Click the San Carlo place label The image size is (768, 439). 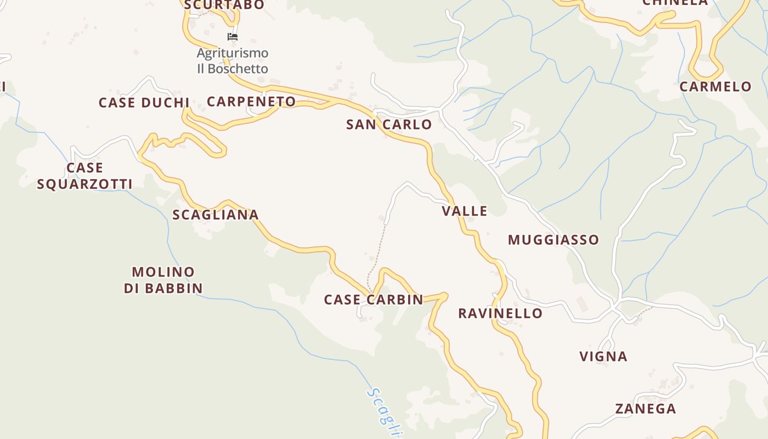(389, 125)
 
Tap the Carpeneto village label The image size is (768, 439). (251, 102)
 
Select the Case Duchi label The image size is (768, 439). (144, 103)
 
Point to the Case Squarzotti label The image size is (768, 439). (84, 176)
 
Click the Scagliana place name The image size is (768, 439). (215, 215)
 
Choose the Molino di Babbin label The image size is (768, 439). (163, 280)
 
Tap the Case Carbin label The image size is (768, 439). (374, 300)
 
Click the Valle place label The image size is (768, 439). (465, 211)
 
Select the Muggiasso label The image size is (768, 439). (553, 240)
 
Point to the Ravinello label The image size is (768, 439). (500, 313)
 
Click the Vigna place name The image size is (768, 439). (603, 357)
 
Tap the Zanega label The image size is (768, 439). (645, 409)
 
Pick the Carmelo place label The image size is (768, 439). (715, 87)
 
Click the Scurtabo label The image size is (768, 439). (224, 5)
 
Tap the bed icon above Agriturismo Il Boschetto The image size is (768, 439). (233, 37)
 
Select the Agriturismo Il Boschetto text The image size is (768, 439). (233, 61)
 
